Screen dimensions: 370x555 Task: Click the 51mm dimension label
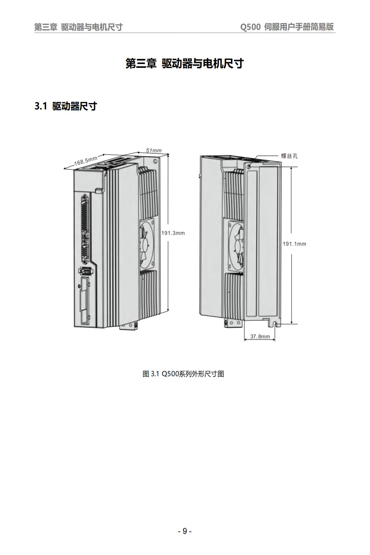pos(154,150)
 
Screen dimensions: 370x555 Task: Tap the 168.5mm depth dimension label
pos(86,161)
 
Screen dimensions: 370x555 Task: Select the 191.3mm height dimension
pos(173,233)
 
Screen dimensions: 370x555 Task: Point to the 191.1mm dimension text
pos(294,244)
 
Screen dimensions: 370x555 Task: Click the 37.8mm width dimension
pos(260,336)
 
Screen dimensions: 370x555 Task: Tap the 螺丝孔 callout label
pos(289,156)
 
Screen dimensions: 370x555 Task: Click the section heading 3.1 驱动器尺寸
pos(65,106)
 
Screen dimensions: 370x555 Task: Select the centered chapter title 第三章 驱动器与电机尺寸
pos(185,63)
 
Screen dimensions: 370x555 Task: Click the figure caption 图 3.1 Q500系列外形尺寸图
pos(183,373)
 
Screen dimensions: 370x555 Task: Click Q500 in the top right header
pos(250,27)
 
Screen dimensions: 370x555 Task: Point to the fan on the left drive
pos(147,242)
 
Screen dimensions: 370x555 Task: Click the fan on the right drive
pos(236,245)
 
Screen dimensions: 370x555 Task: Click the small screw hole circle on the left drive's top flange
pos(155,161)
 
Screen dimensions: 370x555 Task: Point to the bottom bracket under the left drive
pos(129,326)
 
